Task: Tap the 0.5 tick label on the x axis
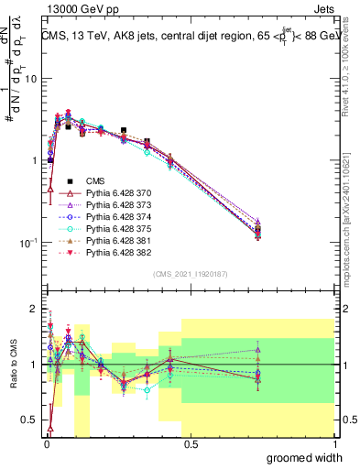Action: click(x=190, y=443)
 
